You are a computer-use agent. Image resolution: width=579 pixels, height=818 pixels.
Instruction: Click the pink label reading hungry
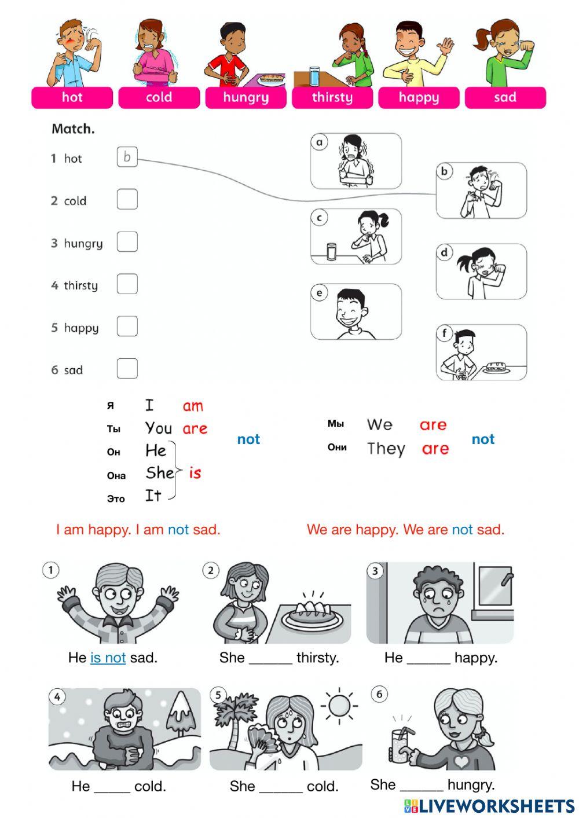click(245, 97)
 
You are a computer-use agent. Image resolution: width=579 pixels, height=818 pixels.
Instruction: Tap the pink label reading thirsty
click(332, 97)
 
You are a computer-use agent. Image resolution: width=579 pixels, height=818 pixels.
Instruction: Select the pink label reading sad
click(505, 97)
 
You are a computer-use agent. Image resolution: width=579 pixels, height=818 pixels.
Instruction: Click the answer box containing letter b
click(127, 157)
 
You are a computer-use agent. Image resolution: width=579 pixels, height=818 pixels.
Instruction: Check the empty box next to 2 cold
click(127, 199)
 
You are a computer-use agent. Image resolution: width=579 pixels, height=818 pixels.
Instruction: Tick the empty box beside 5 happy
click(127, 326)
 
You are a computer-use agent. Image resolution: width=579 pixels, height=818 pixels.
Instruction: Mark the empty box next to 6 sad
click(127, 368)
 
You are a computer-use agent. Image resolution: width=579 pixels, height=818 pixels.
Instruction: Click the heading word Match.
click(73, 129)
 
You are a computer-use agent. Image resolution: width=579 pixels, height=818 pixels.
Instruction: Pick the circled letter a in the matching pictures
click(319, 142)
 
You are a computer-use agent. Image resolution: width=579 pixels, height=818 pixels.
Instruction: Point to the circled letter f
click(444, 333)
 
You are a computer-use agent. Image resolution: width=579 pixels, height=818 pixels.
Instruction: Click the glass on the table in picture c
click(332, 251)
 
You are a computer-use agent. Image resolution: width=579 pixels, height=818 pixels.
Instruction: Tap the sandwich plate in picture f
click(497, 367)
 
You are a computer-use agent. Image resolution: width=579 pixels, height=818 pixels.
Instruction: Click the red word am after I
click(193, 406)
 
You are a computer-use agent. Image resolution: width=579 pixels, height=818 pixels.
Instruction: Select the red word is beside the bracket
click(195, 473)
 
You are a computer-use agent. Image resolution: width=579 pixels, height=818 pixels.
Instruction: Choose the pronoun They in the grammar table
click(386, 449)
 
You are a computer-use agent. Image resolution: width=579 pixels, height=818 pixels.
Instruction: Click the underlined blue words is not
click(108, 658)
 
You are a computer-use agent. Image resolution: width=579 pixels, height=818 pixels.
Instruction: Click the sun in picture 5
click(339, 706)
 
